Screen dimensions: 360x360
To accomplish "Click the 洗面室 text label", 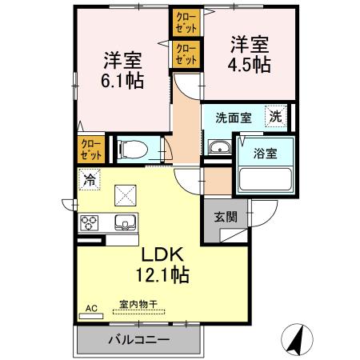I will (233, 117).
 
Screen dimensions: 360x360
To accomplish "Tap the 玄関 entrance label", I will (226, 216).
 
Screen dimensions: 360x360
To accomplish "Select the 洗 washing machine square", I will (275, 115).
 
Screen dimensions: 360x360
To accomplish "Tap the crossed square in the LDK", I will (125, 194).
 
